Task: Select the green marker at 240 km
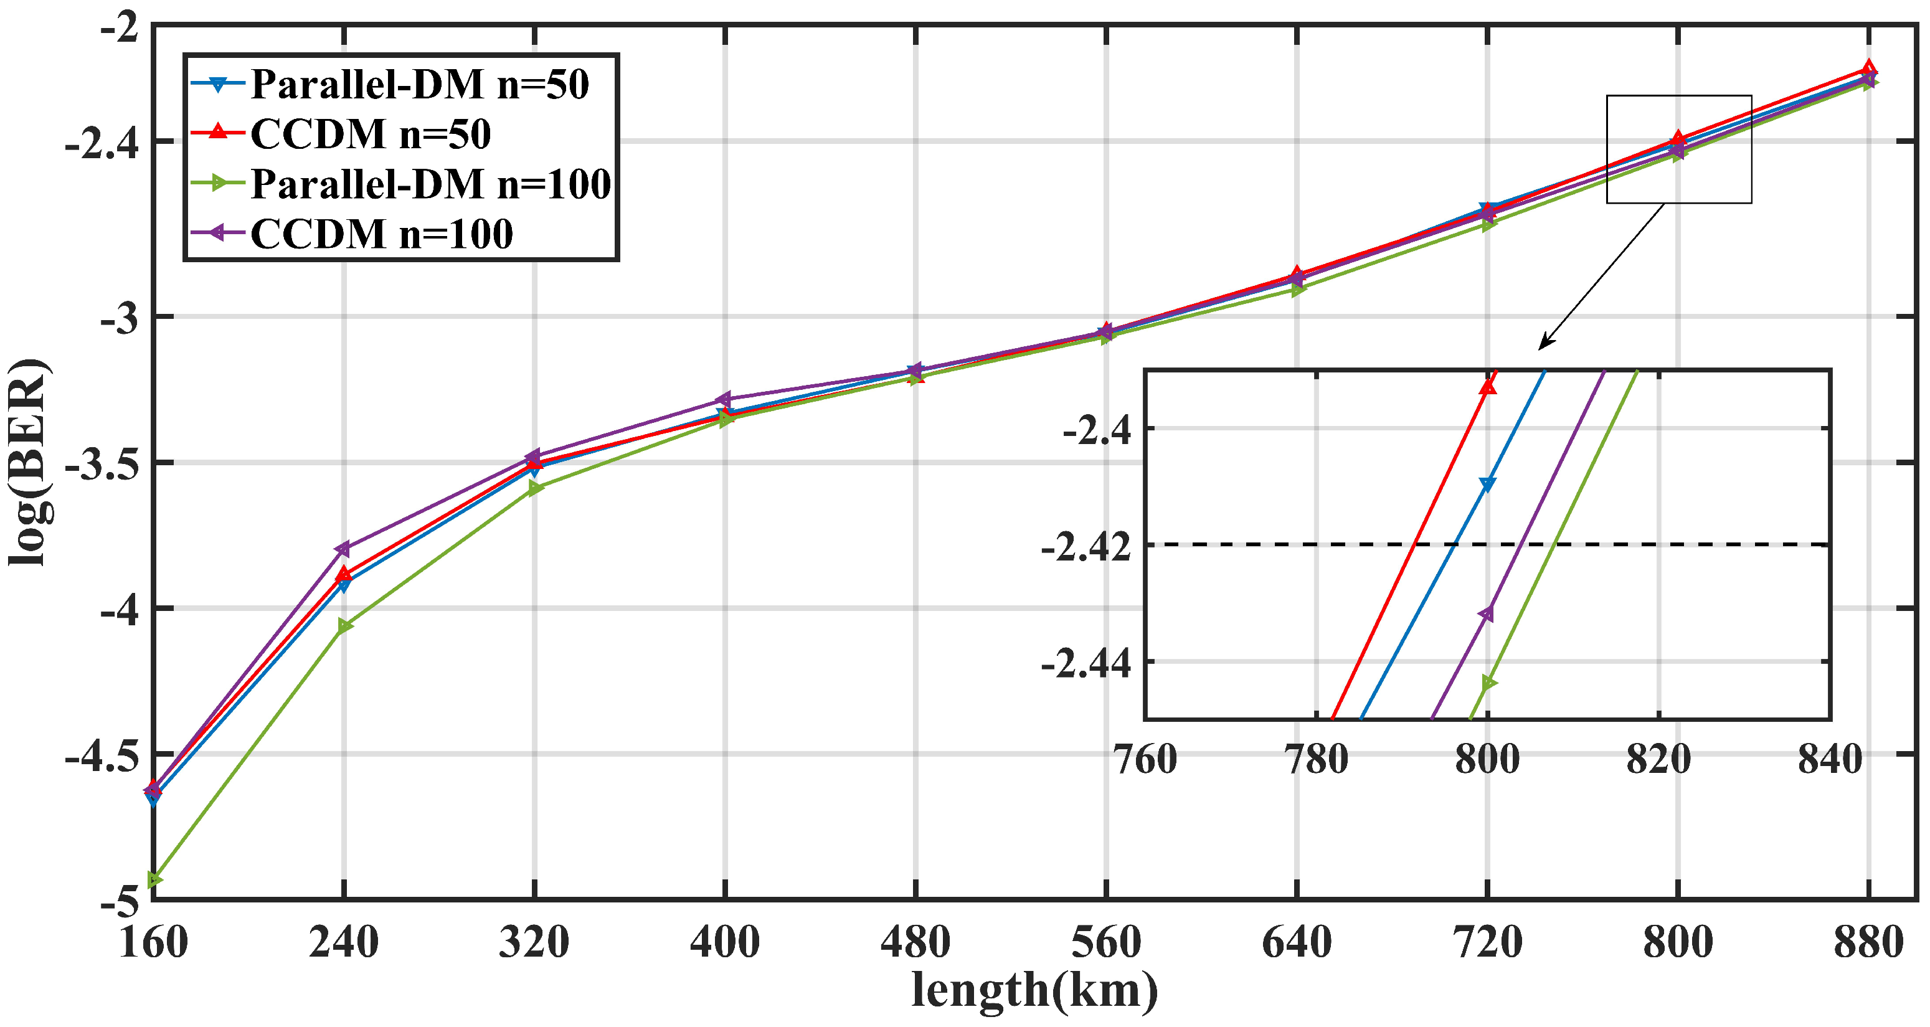pyautogui.click(x=344, y=625)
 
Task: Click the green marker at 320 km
pyautogui.click(x=535, y=488)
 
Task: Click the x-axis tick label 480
pyautogui.click(x=915, y=942)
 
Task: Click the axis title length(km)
pyautogui.click(x=1034, y=990)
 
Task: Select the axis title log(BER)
pyautogui.click(x=29, y=462)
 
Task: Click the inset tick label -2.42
pyautogui.click(x=1086, y=547)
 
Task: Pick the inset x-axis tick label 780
pyautogui.click(x=1316, y=759)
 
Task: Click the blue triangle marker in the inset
pyautogui.click(x=1487, y=484)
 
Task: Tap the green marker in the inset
pyautogui.click(x=1488, y=683)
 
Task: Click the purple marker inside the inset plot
pyautogui.click(x=1486, y=613)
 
